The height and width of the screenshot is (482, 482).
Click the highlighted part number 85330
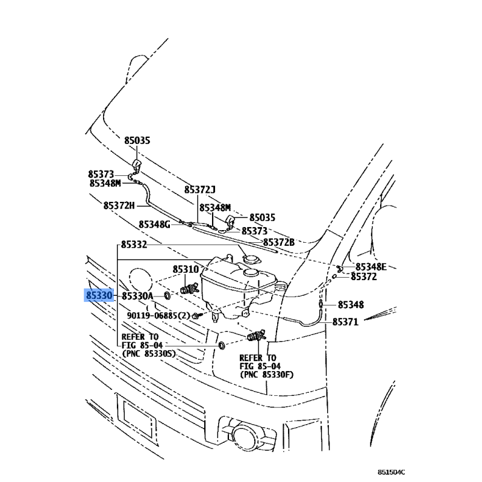tap(99, 296)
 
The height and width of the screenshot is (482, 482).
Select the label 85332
tap(134, 245)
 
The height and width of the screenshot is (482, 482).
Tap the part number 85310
tap(186, 269)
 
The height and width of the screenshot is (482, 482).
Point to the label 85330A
tap(137, 296)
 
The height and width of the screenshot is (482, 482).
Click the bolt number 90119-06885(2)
tap(158, 315)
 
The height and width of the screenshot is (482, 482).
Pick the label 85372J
tap(199, 190)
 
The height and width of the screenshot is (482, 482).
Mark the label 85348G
tap(155, 224)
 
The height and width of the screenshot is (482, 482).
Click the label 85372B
tap(278, 242)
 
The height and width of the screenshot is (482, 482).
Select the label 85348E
tap(371, 266)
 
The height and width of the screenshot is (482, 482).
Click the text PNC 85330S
tap(149, 354)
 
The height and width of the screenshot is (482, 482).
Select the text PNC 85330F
tap(266, 374)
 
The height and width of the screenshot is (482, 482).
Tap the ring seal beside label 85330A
tap(167, 296)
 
